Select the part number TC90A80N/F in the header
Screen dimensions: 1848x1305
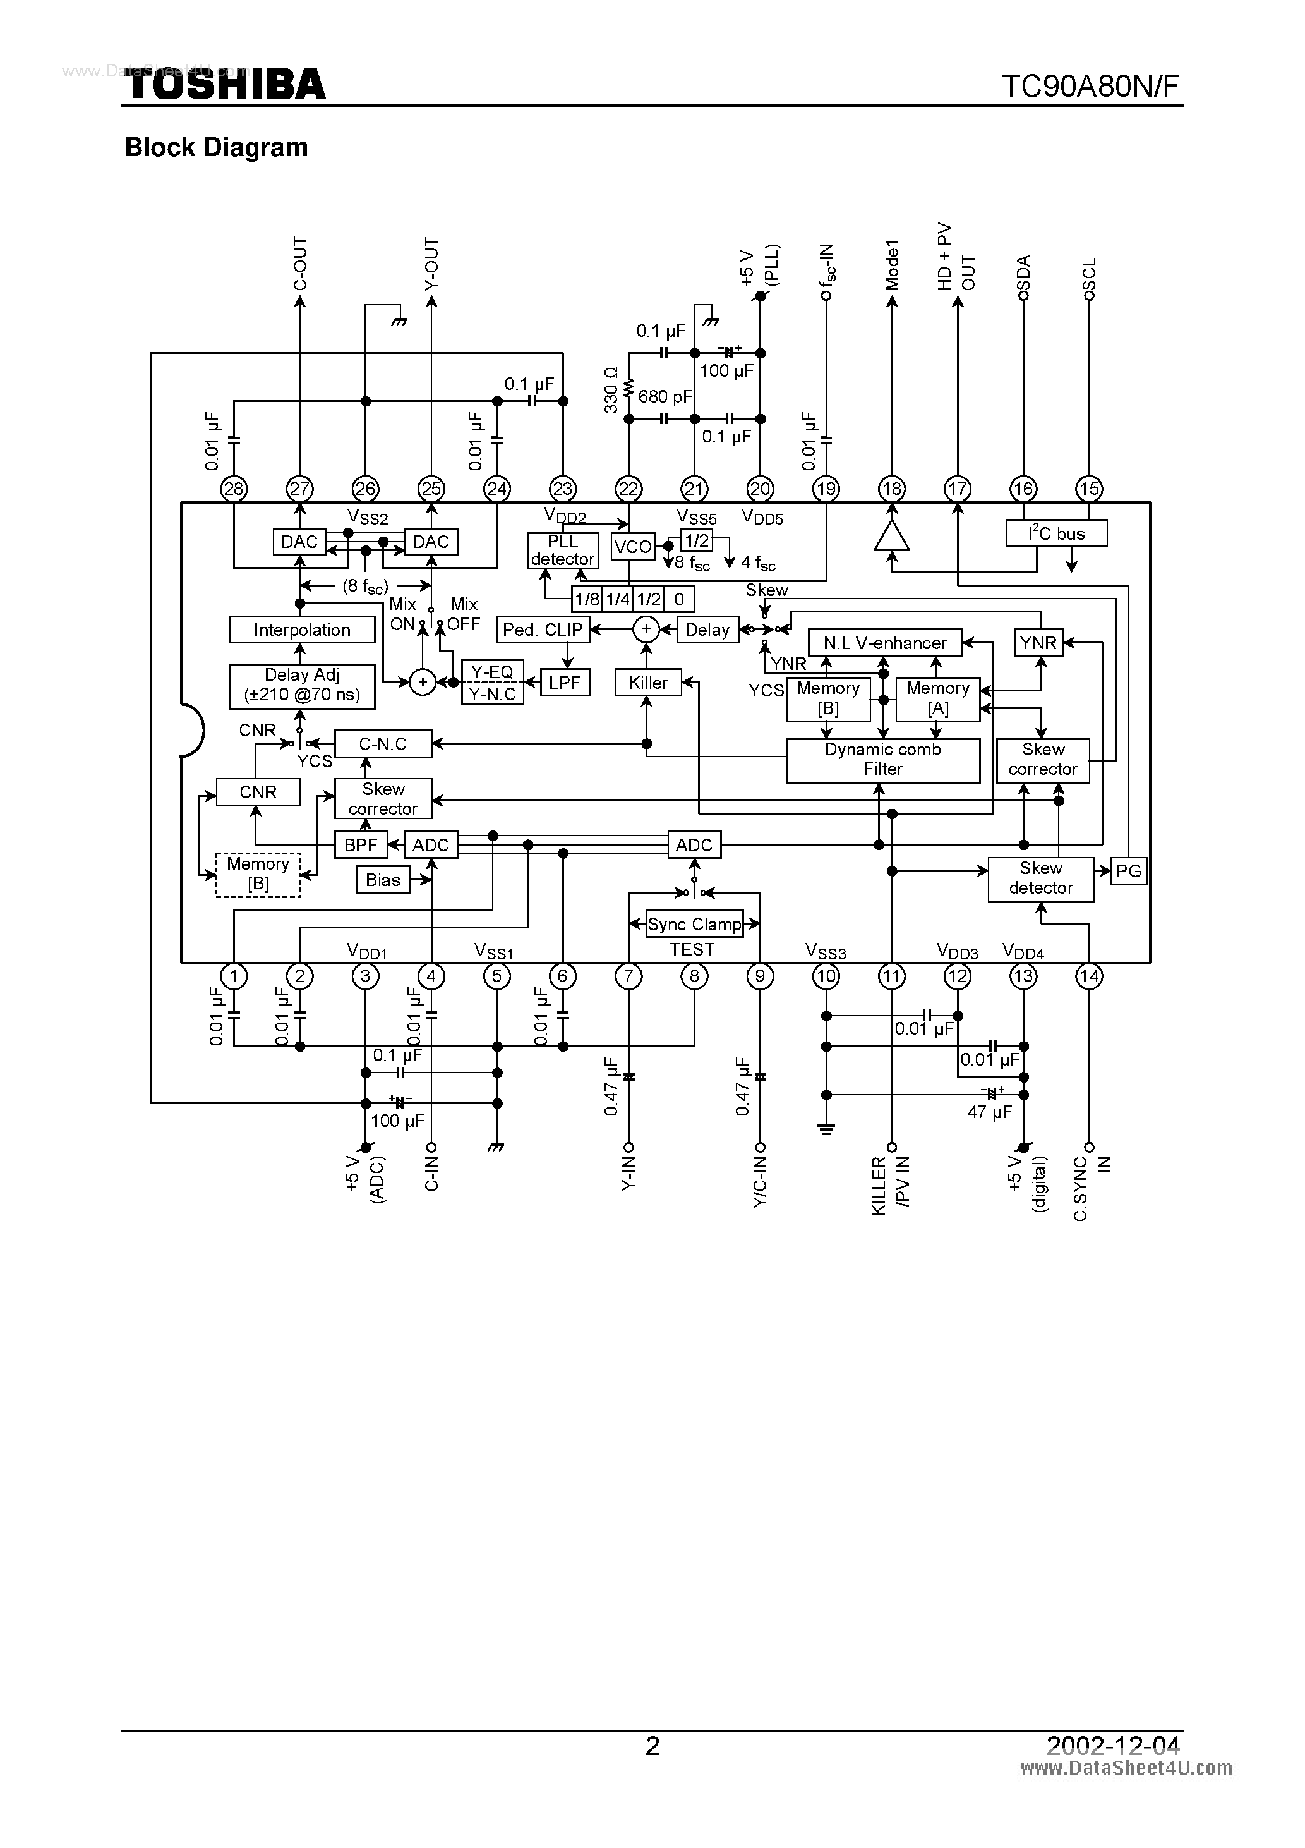pos(1090,85)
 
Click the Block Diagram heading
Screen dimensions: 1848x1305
pos(217,147)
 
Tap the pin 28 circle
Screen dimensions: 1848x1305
pos(234,489)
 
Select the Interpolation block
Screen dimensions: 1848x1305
pos(302,630)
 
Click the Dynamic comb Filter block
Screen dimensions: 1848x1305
pos(882,760)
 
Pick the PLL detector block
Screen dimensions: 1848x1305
pos(562,550)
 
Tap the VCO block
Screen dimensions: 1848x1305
pos(632,547)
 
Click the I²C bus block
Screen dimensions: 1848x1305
pos(1056,533)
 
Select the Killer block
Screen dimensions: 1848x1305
pos(647,683)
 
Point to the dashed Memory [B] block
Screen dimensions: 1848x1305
pos(258,874)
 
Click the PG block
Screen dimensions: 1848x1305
pos(1128,871)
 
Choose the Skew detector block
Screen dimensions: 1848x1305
pos(1040,878)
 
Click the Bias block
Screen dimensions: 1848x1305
pos(383,880)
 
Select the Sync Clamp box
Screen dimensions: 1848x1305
pos(694,924)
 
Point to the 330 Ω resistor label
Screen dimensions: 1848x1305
pos(611,391)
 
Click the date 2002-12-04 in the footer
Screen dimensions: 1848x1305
pos(1113,1746)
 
